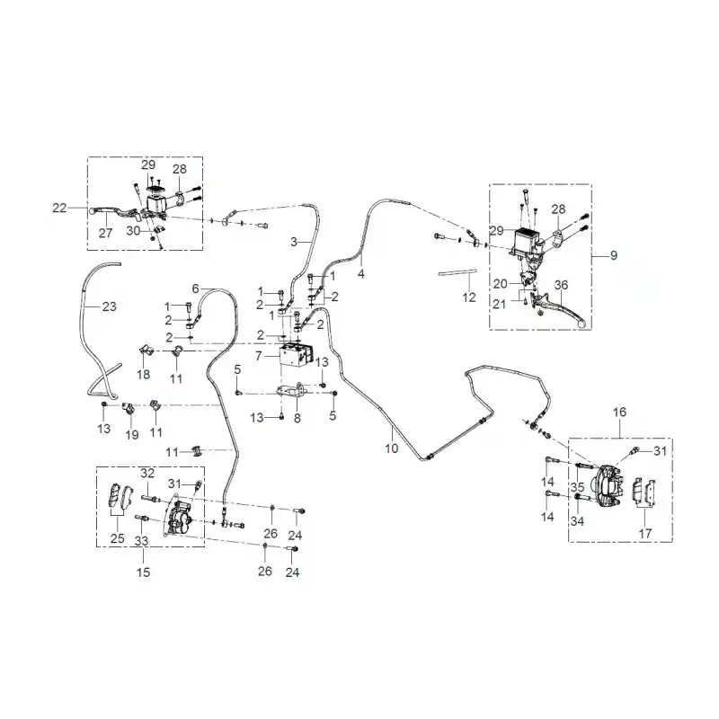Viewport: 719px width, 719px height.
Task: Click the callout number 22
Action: pyautogui.click(x=59, y=209)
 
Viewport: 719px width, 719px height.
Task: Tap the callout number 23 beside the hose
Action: pyautogui.click(x=109, y=306)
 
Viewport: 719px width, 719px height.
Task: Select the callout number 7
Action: pyautogui.click(x=259, y=356)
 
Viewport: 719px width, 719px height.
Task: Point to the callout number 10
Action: pyautogui.click(x=391, y=448)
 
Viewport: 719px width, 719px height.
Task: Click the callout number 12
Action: pyautogui.click(x=468, y=297)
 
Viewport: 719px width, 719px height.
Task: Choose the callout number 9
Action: pyautogui.click(x=614, y=255)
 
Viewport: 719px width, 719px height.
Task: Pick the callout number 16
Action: pyautogui.click(x=619, y=413)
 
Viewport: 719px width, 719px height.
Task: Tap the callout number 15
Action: pyautogui.click(x=143, y=573)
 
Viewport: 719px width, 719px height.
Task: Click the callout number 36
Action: pyautogui.click(x=561, y=285)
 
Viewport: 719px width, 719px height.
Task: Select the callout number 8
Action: pyautogui.click(x=297, y=418)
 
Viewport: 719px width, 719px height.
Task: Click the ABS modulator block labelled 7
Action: pyautogui.click(x=297, y=354)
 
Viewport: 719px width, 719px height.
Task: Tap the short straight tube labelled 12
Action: pyautogui.click(x=457, y=272)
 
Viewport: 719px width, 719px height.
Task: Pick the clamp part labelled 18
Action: pyautogui.click(x=146, y=351)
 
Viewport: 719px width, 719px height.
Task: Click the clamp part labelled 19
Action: pyautogui.click(x=128, y=407)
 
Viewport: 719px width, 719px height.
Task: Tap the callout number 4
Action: pyautogui.click(x=361, y=274)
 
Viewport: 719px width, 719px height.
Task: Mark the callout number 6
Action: pyautogui.click(x=195, y=288)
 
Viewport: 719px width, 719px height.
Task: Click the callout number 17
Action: pyautogui.click(x=645, y=534)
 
